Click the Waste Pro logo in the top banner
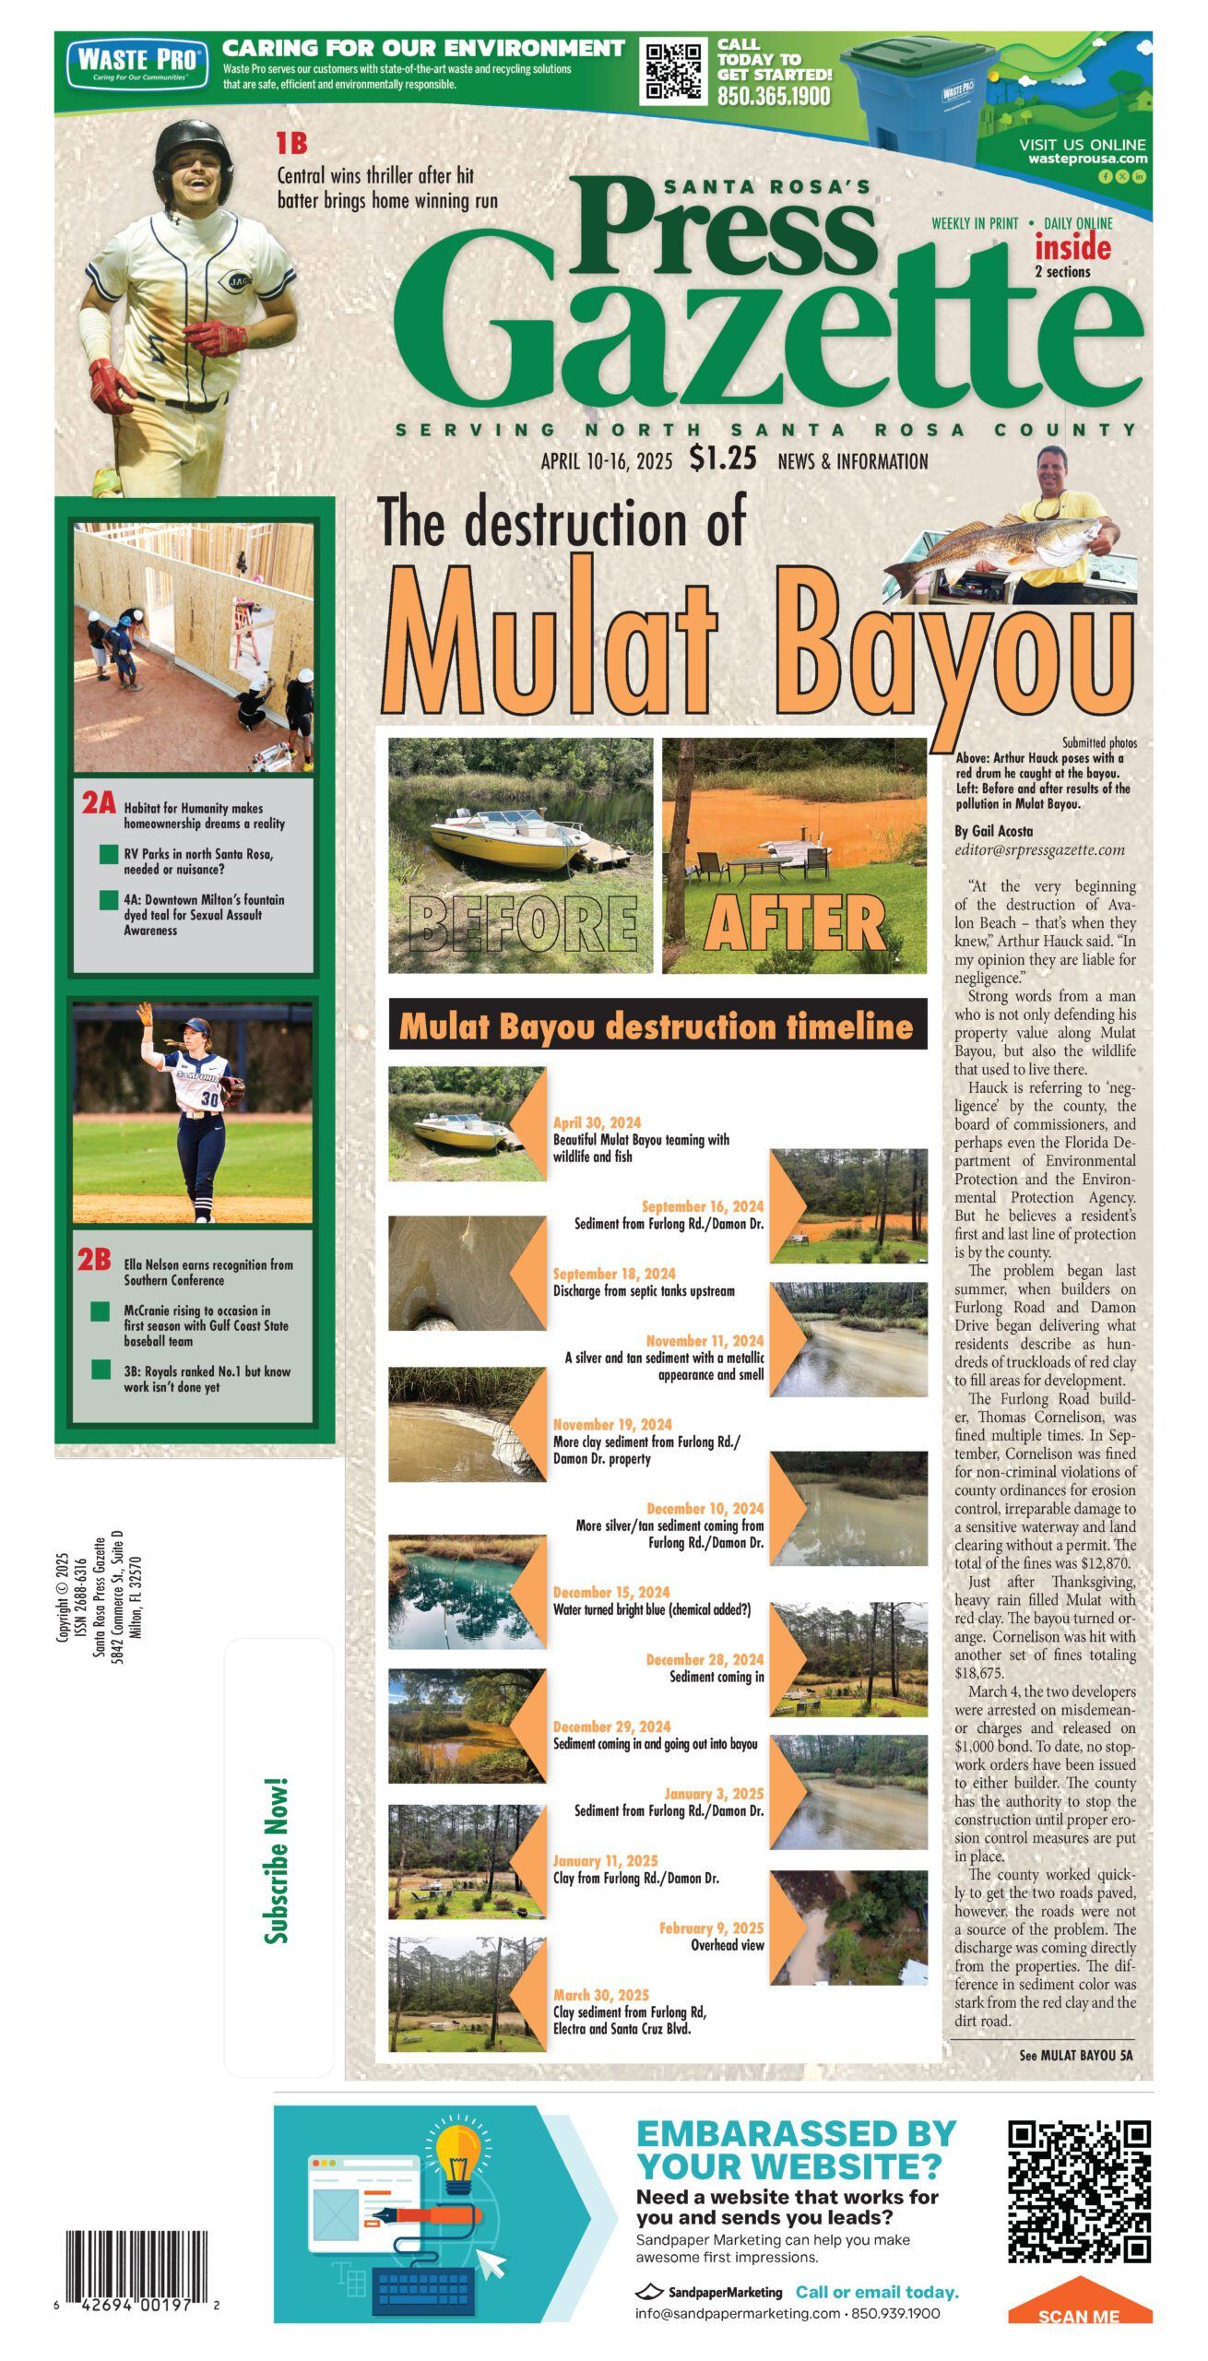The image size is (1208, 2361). click(136, 63)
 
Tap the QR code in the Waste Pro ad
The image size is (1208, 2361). click(673, 70)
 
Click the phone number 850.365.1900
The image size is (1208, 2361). click(774, 96)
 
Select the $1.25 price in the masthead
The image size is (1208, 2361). click(722, 458)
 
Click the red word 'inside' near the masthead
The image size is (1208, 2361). click(1072, 248)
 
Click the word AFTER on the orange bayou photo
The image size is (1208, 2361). click(794, 923)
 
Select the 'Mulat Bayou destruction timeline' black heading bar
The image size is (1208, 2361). click(657, 1026)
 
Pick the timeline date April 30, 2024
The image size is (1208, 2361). click(597, 1122)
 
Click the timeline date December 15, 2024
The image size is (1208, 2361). click(611, 1593)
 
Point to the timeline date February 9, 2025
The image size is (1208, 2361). click(711, 1928)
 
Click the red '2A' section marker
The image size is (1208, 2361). click(99, 803)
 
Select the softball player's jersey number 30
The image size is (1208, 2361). click(211, 1099)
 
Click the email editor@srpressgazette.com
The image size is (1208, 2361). click(1039, 849)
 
